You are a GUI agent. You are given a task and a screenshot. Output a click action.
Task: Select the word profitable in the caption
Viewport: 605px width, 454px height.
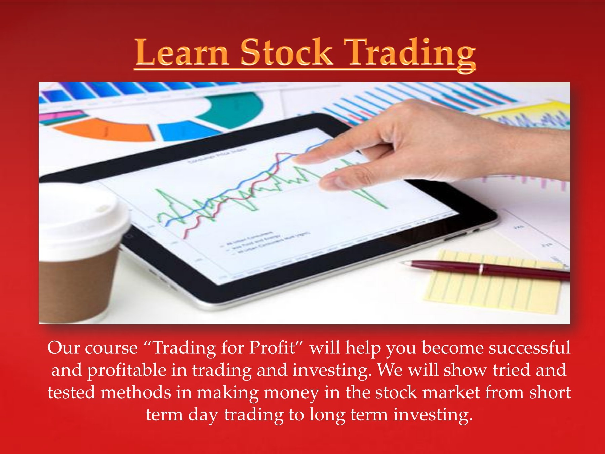pos(127,370)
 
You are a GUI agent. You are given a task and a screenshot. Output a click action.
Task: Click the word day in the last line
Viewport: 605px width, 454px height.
pos(203,415)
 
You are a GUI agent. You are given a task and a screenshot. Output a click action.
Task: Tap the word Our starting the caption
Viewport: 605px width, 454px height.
pos(64,348)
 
